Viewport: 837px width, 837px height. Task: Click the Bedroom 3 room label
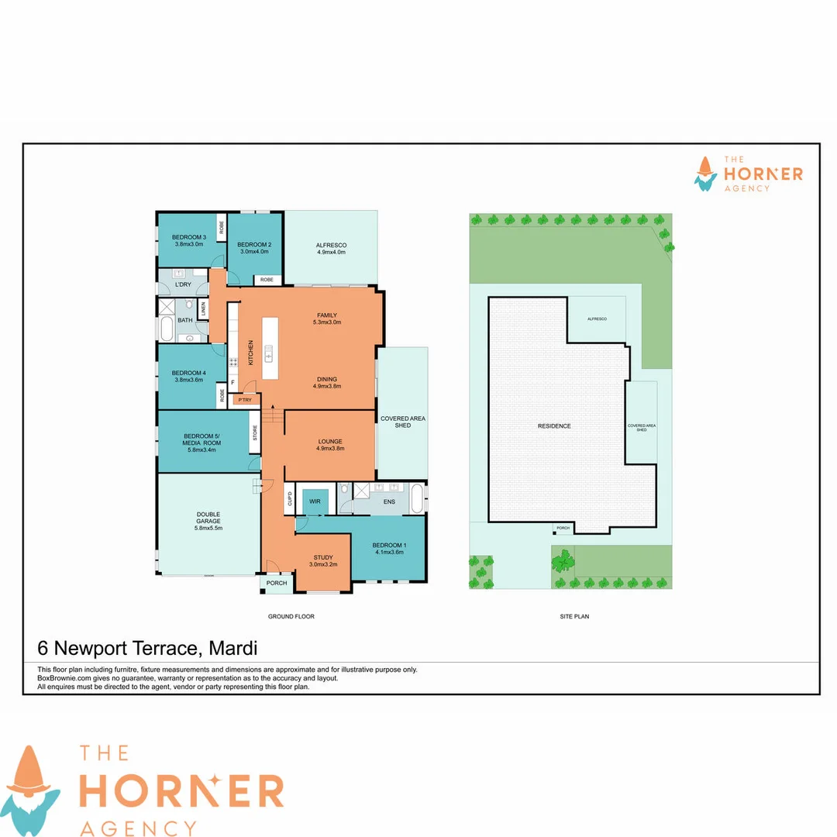pos(188,240)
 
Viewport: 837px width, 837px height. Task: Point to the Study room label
pos(323,560)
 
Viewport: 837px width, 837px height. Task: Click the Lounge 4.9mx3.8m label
pos(330,444)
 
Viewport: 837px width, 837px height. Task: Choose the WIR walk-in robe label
pos(315,502)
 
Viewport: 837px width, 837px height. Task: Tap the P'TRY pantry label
pos(245,400)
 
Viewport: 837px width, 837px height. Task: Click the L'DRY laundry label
pos(184,284)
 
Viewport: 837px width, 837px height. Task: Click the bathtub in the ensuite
pos(417,498)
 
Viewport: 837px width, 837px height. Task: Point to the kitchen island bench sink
pos(269,354)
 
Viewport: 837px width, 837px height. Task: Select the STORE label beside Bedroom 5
pos(255,433)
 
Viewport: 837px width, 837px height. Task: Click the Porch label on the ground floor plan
pos(277,583)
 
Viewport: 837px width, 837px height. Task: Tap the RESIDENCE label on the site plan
pos(554,425)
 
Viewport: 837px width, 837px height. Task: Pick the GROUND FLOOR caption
pos(291,617)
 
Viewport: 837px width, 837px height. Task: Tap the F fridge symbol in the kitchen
pos(232,382)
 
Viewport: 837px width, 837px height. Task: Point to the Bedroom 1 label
pos(387,547)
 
